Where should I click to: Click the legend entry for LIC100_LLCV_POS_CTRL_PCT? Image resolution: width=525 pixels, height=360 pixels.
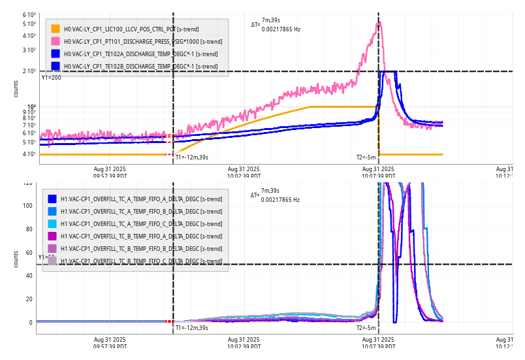(131, 29)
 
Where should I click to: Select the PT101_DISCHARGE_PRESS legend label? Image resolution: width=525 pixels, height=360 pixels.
(131, 41)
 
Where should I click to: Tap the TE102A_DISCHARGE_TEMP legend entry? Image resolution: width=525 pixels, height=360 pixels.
(131, 54)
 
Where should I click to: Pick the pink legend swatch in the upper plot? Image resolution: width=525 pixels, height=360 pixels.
(56, 41)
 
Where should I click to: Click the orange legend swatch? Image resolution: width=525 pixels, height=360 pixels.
(56, 29)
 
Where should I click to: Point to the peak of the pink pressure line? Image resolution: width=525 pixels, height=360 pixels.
(379, 23)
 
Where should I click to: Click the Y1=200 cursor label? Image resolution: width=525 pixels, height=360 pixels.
(52, 78)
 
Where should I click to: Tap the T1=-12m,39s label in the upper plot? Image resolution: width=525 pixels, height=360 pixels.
(191, 157)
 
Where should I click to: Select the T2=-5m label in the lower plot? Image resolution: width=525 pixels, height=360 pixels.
(366, 328)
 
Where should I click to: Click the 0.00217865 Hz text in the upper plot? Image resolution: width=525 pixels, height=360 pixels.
(281, 29)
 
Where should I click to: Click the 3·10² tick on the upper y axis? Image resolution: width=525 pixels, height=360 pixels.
(29, 50)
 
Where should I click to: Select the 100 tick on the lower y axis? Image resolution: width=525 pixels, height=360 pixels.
(27, 206)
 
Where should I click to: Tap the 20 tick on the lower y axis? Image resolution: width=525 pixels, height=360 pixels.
(29, 299)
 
